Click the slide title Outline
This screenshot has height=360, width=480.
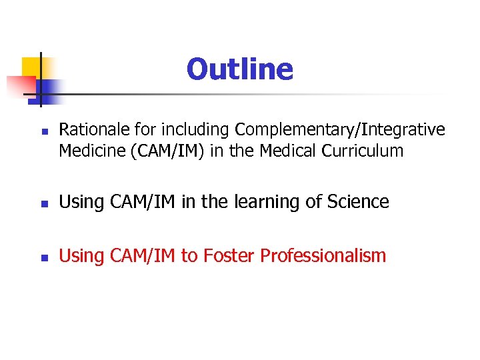pos(239,69)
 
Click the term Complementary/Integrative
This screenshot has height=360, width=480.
pos(340,129)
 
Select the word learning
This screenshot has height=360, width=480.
pos(256,202)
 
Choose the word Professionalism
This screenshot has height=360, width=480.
pos(323,255)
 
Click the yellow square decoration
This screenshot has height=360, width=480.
pos(31,67)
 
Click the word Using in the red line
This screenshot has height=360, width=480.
pos(78,255)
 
